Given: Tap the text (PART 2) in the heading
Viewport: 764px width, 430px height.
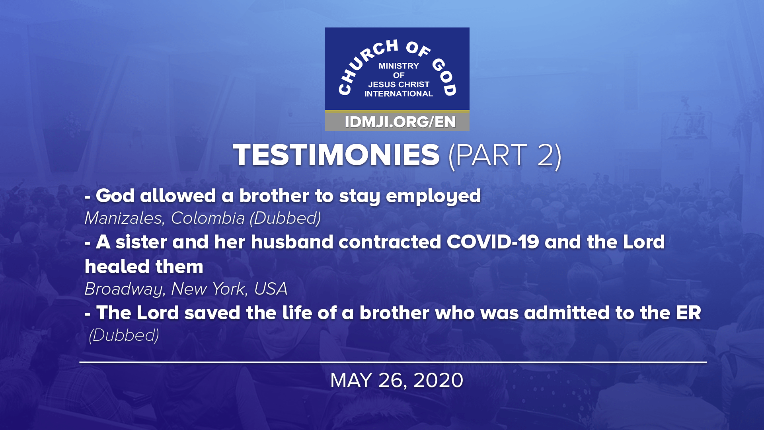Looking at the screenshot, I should [505, 155].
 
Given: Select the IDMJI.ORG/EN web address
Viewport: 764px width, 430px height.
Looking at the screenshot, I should [400, 122].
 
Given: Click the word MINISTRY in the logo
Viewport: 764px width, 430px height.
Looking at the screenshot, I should [399, 66].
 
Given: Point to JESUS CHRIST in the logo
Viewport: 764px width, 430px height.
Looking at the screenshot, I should [399, 84].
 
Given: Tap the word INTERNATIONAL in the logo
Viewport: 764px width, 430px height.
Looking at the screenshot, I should [399, 94].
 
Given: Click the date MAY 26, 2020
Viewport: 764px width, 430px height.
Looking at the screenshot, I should [397, 380].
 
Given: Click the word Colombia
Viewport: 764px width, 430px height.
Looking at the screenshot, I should [208, 218].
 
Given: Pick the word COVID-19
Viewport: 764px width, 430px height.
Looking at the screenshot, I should [493, 242].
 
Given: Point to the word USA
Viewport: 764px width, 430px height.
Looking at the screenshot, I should [271, 289].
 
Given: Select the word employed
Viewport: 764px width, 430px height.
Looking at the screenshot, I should [433, 196].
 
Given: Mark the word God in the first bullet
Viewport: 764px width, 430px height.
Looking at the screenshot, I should [115, 196].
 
